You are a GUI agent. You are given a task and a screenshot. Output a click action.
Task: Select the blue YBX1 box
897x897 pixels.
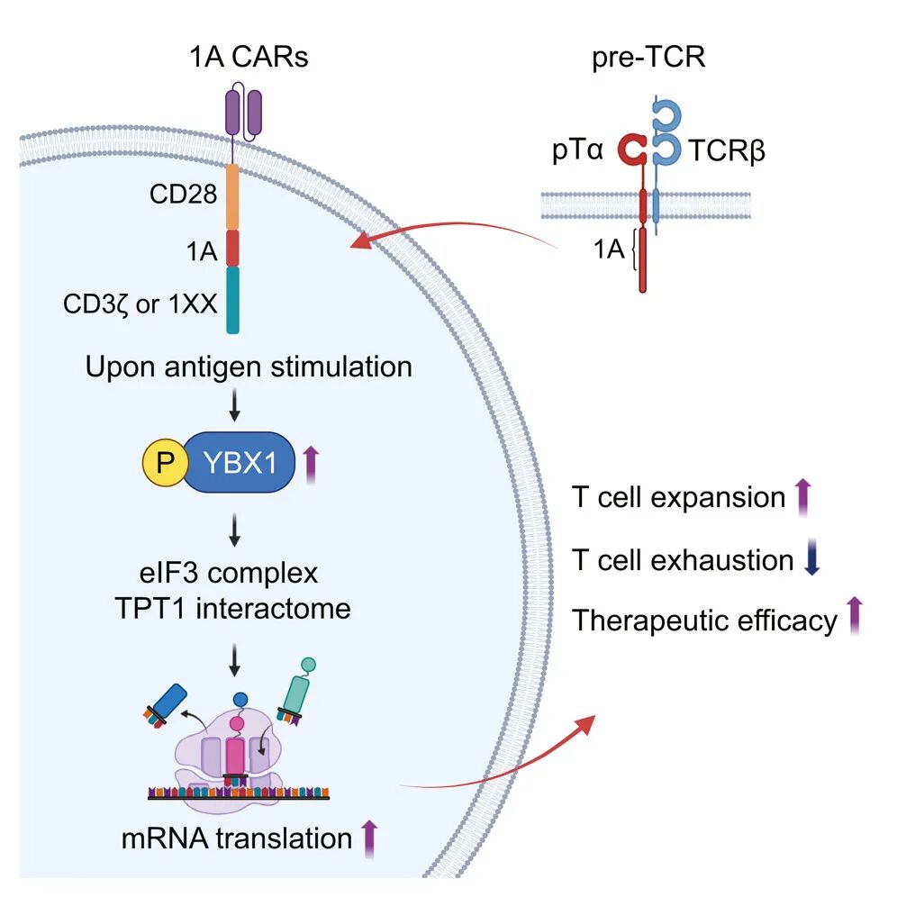(240, 465)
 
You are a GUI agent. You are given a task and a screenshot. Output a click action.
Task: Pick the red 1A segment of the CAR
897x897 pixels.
(231, 247)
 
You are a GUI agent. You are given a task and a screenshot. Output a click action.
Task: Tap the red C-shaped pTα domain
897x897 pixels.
(632, 151)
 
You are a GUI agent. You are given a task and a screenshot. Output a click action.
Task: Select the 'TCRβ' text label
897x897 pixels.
(727, 151)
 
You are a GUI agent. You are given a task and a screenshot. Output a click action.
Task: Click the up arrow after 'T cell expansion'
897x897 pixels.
(803, 497)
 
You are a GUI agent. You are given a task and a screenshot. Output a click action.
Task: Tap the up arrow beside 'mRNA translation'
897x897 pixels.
(369, 837)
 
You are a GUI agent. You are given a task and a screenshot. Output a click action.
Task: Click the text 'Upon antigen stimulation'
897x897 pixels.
(249, 367)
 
